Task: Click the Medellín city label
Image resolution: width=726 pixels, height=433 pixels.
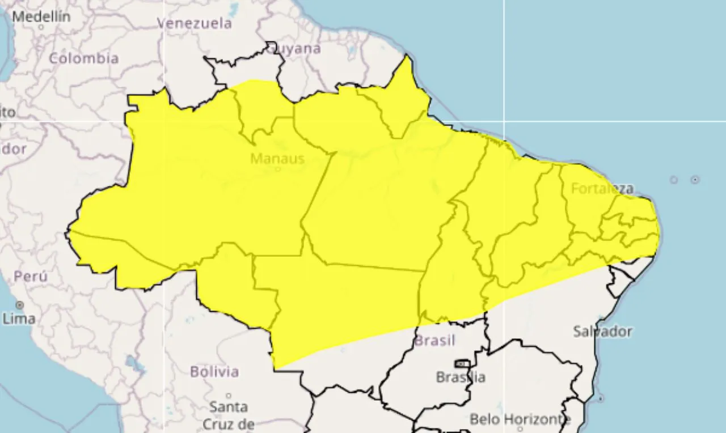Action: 41,16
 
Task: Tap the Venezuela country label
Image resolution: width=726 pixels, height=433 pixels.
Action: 195,23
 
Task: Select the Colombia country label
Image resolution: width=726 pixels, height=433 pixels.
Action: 84,58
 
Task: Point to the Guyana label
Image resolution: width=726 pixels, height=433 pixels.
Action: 294,49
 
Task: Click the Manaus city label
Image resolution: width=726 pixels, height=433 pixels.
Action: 277,158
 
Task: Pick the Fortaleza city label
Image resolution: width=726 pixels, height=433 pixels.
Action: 602,188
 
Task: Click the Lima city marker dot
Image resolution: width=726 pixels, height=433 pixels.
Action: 20,305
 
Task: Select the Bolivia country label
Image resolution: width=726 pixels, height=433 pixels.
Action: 214,372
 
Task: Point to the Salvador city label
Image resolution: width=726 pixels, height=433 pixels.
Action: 602,331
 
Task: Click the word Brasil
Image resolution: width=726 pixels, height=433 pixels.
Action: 435,341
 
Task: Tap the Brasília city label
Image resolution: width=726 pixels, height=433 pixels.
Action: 461,377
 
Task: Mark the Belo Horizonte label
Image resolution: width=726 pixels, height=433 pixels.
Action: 520,419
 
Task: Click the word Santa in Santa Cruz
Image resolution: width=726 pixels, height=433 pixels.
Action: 229,407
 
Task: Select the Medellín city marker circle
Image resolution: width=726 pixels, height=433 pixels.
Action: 41,27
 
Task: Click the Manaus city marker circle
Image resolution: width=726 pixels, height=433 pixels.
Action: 277,169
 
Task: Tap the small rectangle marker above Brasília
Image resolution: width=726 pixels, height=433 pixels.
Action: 462,363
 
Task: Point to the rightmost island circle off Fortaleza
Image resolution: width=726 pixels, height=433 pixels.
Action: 695,180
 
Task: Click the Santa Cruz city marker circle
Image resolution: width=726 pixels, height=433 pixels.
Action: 229,396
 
